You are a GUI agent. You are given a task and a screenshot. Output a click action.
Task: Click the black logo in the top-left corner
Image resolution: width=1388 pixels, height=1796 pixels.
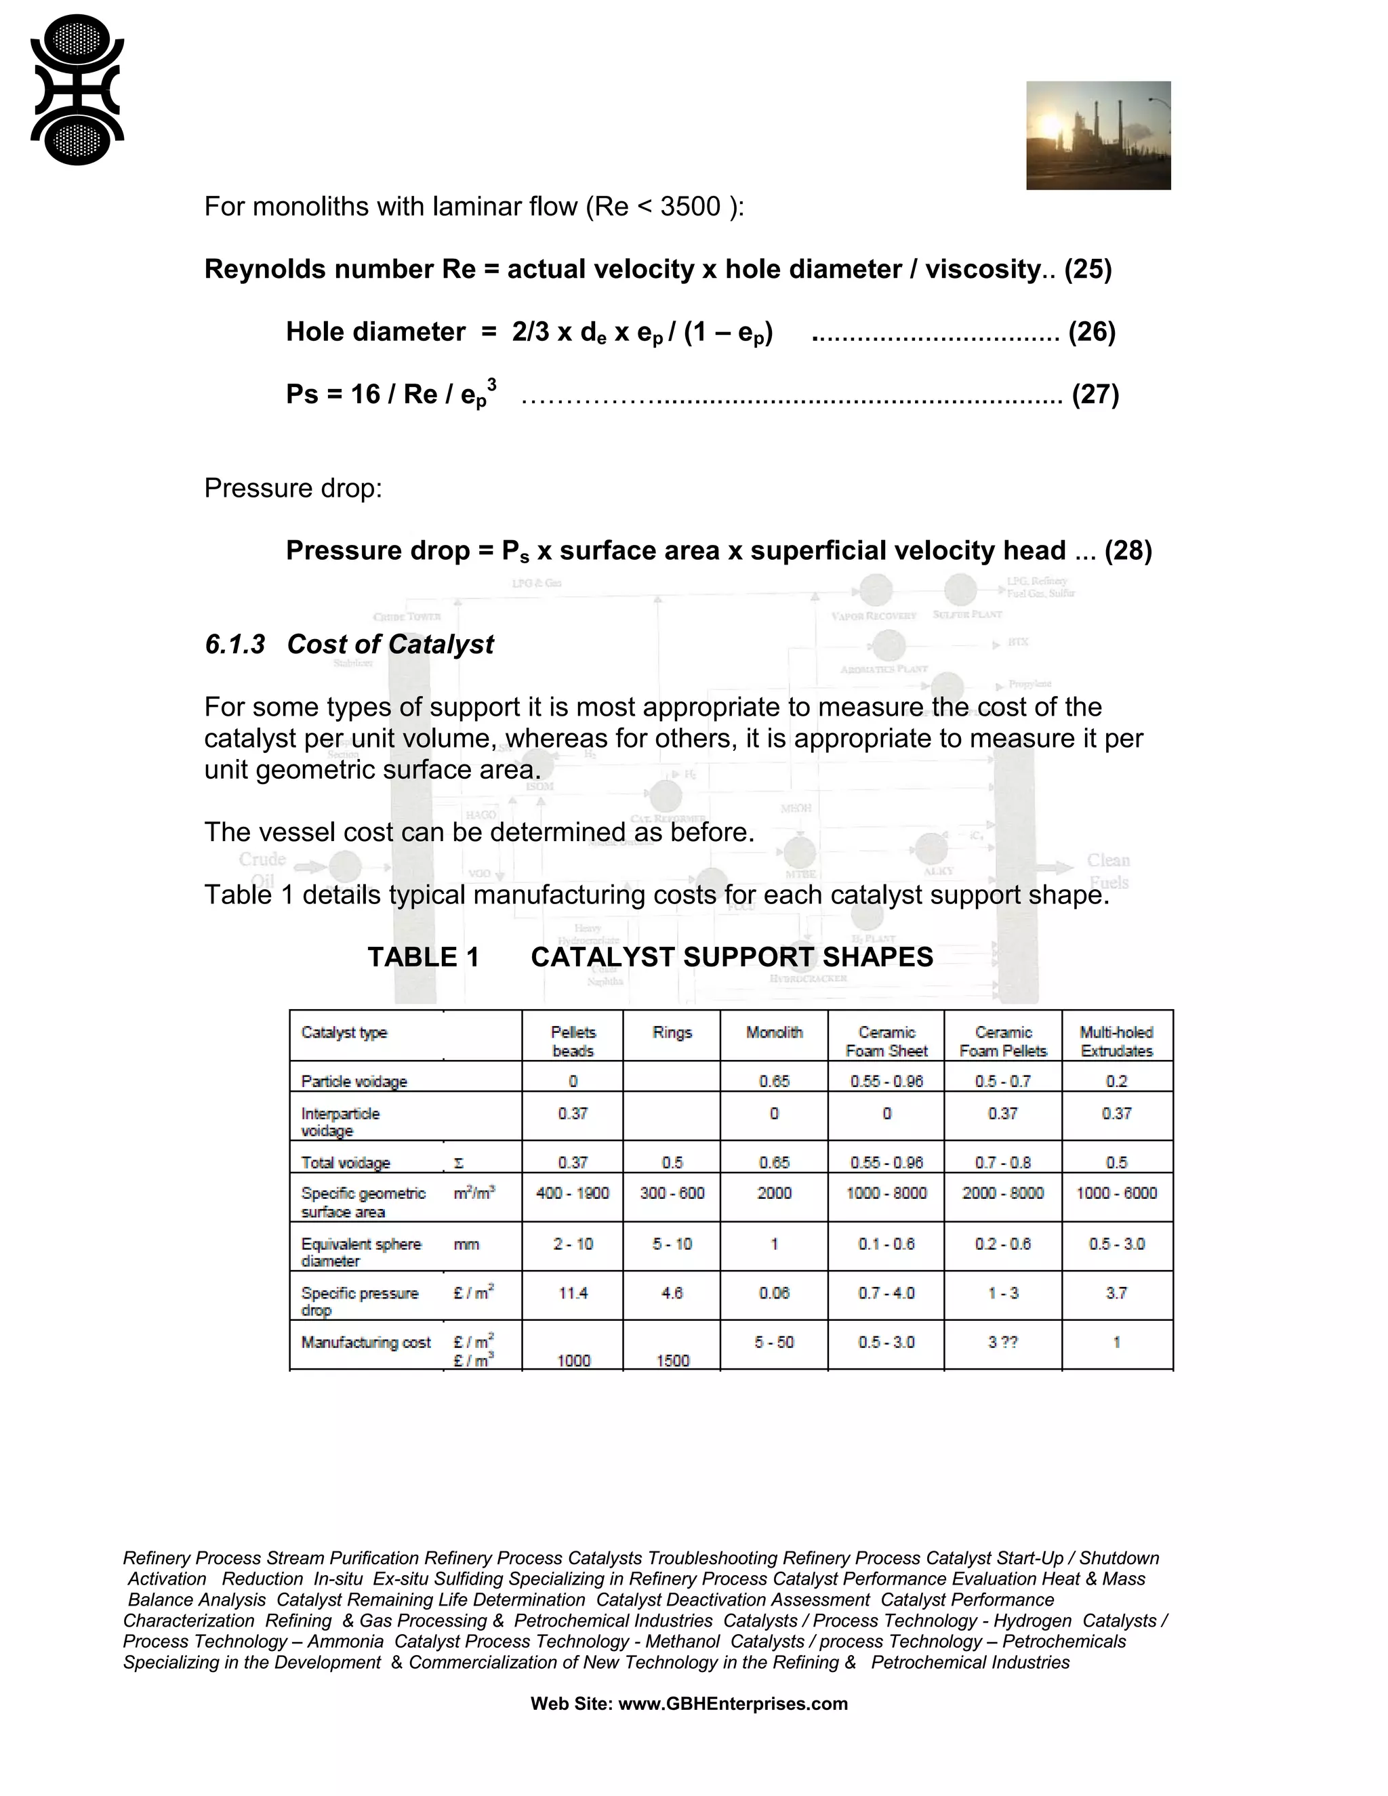(x=77, y=89)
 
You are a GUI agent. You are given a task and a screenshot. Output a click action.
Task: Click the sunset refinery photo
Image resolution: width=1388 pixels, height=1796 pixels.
(x=1098, y=135)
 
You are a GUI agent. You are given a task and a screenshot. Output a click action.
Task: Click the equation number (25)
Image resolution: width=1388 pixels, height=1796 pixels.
(x=1087, y=269)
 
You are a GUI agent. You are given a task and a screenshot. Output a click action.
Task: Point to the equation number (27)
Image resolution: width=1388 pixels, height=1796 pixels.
(x=1095, y=394)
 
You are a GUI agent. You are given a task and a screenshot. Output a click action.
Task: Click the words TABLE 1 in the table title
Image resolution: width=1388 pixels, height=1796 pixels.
(x=423, y=956)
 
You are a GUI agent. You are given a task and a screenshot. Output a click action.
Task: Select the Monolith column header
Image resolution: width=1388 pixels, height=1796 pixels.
(x=774, y=1032)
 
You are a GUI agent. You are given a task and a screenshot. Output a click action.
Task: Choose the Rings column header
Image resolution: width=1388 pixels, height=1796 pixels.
(x=672, y=1032)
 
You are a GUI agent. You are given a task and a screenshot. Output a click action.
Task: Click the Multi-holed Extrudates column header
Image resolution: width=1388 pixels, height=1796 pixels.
(x=1116, y=1041)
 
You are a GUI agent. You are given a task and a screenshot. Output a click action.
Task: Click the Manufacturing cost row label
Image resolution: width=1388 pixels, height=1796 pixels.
(x=366, y=1342)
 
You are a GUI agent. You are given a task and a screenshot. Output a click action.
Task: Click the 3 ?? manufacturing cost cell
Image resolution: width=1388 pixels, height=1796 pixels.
(x=1002, y=1342)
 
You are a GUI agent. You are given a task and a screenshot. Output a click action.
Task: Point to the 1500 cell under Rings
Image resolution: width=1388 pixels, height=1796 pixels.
(x=672, y=1361)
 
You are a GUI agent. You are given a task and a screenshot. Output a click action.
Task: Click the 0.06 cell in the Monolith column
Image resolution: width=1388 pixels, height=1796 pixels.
(x=774, y=1292)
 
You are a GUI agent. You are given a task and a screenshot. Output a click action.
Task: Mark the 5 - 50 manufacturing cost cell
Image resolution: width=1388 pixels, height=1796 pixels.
(x=774, y=1342)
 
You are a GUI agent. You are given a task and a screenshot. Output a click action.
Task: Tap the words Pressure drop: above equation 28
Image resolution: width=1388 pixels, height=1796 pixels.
(x=293, y=488)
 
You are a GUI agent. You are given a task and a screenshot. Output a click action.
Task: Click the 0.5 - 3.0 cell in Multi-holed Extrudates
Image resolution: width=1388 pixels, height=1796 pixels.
(x=1116, y=1244)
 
